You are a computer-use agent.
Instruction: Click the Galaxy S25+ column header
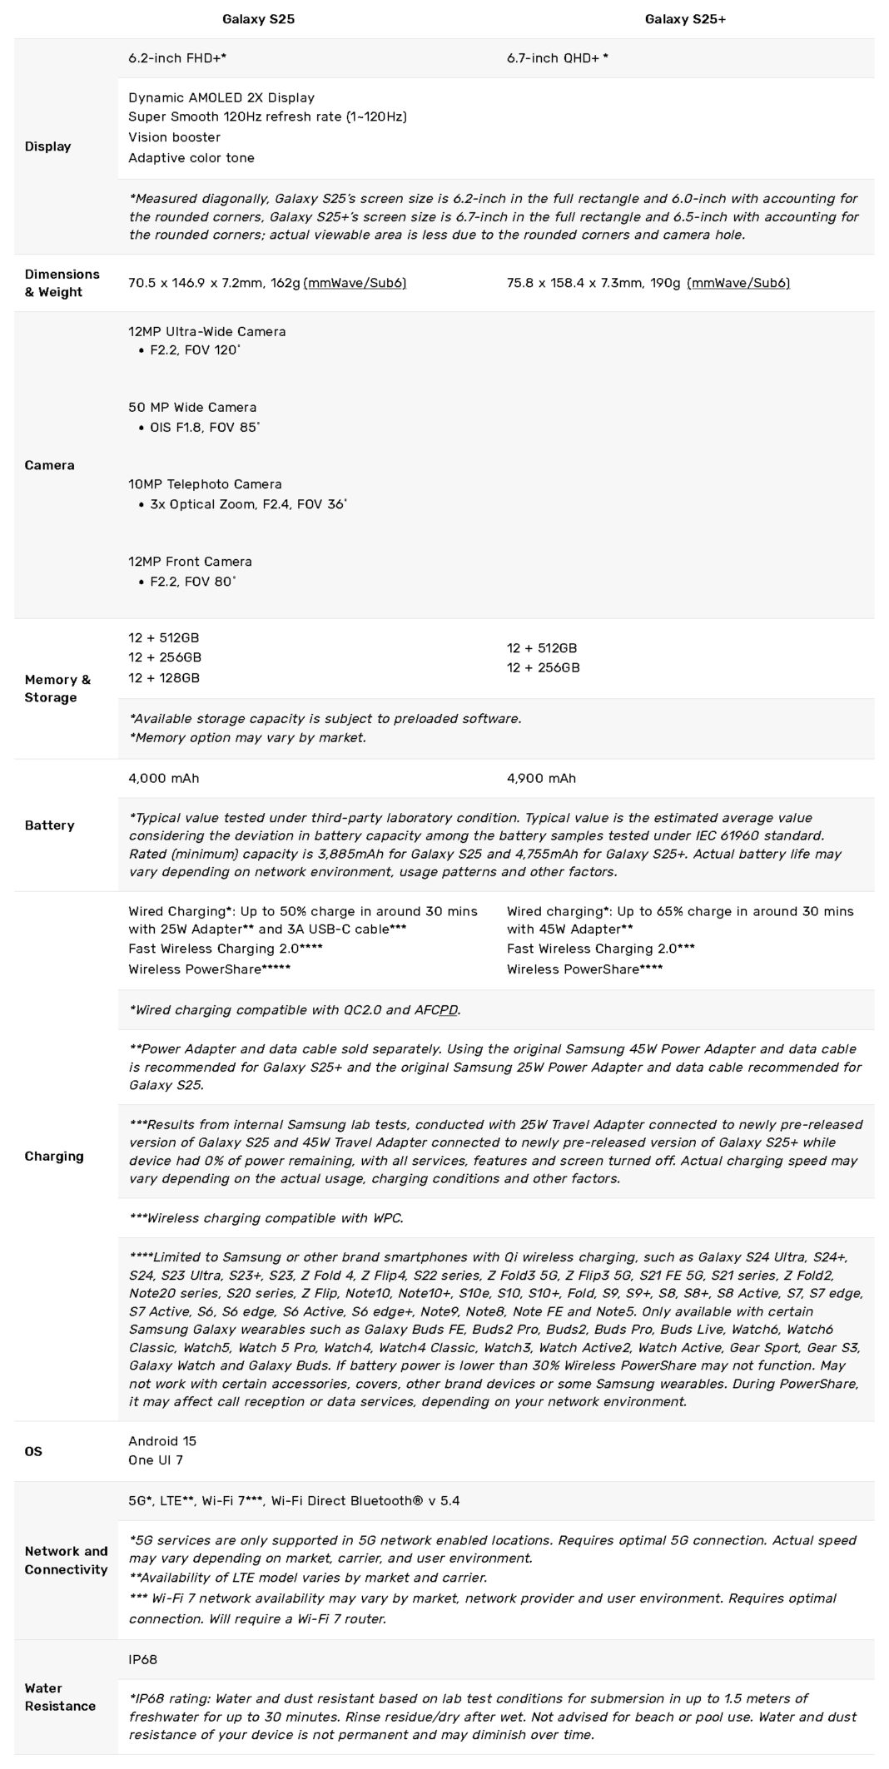pyautogui.click(x=685, y=19)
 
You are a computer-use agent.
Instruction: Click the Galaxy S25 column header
pyautogui.click(x=258, y=19)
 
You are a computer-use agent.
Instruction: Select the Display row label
pyautogui.click(x=48, y=146)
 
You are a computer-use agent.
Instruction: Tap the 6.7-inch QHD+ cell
pyautogui.click(x=557, y=58)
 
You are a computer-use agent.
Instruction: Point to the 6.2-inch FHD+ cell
pyautogui.click(x=177, y=58)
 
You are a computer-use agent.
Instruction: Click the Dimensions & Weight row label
pyautogui.click(x=62, y=283)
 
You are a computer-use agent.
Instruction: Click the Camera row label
pyautogui.click(x=49, y=465)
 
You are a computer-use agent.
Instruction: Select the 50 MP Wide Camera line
pyautogui.click(x=192, y=407)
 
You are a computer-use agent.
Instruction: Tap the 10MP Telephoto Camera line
pyautogui.click(x=205, y=483)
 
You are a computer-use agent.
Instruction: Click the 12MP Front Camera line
pyautogui.click(x=190, y=562)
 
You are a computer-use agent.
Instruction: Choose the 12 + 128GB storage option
pyautogui.click(x=164, y=678)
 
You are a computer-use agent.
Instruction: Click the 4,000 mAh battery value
pyautogui.click(x=163, y=778)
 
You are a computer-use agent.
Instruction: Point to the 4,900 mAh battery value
pyautogui.click(x=541, y=778)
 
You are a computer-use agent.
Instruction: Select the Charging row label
pyautogui.click(x=54, y=1156)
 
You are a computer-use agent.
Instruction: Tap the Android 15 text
pyautogui.click(x=162, y=1440)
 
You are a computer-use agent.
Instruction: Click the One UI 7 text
pyautogui.click(x=156, y=1460)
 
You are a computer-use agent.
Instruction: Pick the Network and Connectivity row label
pyautogui.click(x=66, y=1560)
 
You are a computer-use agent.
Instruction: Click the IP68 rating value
pyautogui.click(x=142, y=1659)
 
